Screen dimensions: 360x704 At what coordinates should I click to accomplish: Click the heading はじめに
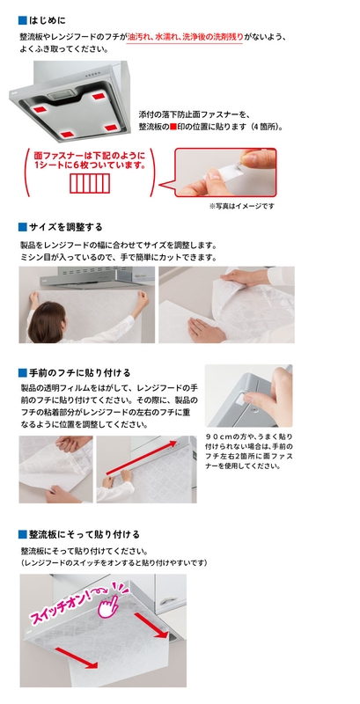(48, 20)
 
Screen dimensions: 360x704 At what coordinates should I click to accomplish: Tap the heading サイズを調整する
(65, 227)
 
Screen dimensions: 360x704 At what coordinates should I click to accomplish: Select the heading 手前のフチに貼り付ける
(79, 372)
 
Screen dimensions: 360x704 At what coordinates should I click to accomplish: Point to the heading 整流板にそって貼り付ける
(84, 534)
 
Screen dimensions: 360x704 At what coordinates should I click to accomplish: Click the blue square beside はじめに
(22, 20)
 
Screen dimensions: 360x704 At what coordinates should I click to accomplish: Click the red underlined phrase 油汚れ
(138, 37)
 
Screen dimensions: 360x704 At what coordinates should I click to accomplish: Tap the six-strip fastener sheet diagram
(90, 184)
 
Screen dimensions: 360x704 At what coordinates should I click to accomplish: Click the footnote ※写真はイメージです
(241, 206)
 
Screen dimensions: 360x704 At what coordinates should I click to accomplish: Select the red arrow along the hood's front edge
(140, 458)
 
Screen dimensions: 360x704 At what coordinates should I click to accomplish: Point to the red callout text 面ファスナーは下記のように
(90, 157)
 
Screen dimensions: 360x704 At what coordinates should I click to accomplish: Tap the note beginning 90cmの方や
(250, 451)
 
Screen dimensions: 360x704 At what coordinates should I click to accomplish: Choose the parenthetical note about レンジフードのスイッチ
(114, 562)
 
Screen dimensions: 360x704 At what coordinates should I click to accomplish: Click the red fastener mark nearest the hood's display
(99, 96)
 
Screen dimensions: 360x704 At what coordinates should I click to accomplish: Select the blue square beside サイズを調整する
(22, 227)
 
